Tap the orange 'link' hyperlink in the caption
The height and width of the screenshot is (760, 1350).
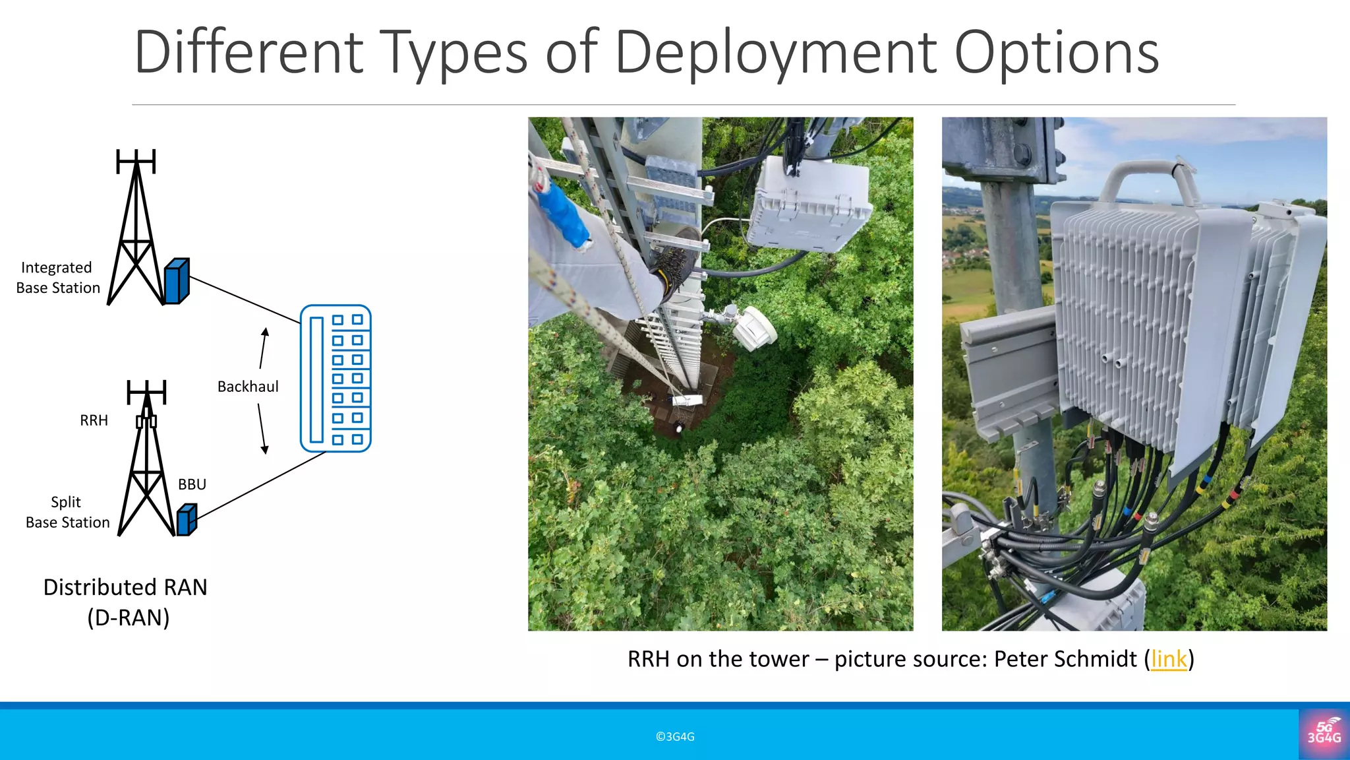coord(1169,659)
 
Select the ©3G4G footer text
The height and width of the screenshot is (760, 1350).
coord(675,737)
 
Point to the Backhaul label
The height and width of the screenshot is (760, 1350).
coord(248,387)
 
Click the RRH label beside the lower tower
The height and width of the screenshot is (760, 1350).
coord(94,421)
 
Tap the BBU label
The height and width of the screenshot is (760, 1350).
coord(192,485)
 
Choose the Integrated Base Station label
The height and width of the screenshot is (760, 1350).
coord(58,278)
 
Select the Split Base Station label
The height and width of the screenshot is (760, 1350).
coord(67,512)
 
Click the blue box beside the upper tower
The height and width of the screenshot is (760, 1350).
coord(177,282)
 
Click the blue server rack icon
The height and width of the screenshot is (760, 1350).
coord(336,379)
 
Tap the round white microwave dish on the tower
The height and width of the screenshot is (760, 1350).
coord(754,327)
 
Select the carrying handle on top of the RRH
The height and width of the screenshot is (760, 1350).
coord(1148,178)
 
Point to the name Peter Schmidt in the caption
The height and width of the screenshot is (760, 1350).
coord(1065,659)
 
